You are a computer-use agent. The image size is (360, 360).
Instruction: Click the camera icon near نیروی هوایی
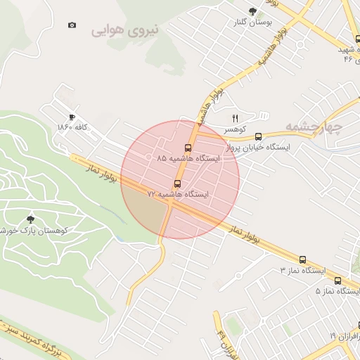[72, 25]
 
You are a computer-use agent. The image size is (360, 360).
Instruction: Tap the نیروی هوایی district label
[125, 30]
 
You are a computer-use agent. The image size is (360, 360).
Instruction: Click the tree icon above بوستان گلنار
[253, 11]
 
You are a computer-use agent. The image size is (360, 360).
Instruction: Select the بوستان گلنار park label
[254, 22]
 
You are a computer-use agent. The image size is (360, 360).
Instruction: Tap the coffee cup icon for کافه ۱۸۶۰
[72, 117]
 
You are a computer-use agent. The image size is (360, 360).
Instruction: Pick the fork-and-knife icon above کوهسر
[236, 118]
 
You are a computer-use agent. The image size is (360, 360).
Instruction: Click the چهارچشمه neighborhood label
[313, 127]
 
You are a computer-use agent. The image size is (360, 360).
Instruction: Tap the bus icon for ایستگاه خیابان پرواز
[258, 136]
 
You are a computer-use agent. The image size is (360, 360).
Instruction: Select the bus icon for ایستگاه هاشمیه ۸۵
[188, 148]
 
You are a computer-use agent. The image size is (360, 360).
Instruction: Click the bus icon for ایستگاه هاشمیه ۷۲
[176, 184]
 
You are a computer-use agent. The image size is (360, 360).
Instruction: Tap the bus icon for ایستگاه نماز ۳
[302, 259]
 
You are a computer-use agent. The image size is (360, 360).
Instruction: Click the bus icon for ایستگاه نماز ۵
[340, 280]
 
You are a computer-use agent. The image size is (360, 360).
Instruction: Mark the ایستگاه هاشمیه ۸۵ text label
[188, 159]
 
